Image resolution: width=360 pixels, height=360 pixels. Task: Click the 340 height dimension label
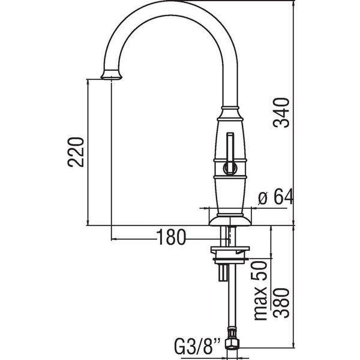click(281, 113)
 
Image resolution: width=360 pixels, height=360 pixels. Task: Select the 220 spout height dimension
click(76, 152)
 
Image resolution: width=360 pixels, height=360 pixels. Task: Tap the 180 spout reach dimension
click(171, 237)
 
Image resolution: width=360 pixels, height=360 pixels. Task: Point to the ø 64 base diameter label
click(276, 197)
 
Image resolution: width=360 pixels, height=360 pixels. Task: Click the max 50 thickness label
click(260, 290)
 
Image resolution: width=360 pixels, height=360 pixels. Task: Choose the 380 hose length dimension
click(281, 303)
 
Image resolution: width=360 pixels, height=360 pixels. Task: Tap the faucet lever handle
click(230, 152)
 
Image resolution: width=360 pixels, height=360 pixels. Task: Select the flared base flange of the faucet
click(230, 220)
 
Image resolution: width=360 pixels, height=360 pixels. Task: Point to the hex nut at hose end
click(232, 344)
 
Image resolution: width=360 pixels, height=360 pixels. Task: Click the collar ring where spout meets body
click(230, 108)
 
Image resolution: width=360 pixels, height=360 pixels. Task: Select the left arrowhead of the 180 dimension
click(114, 239)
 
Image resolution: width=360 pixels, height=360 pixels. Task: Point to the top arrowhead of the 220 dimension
click(88, 82)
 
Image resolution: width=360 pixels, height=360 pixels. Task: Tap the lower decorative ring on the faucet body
click(230, 177)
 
